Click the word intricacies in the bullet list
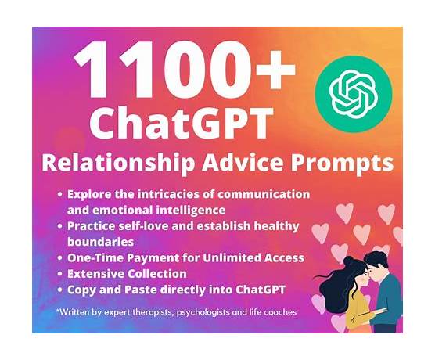point(176,194)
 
